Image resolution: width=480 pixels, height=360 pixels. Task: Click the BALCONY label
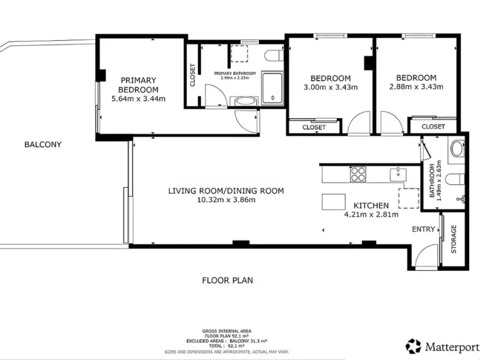tap(43, 145)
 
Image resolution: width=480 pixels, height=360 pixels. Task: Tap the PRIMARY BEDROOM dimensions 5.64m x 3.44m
tap(139, 99)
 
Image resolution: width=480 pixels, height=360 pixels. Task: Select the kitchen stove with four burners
tap(358, 174)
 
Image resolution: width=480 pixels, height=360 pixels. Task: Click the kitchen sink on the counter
tap(398, 175)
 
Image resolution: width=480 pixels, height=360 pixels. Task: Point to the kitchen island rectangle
tap(334, 202)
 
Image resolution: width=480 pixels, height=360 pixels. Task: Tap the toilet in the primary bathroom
tap(274, 56)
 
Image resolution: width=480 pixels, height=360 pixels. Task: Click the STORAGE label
tap(454, 239)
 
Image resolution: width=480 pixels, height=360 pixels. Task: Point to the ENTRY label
tap(424, 229)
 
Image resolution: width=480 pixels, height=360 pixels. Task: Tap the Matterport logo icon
tap(413, 346)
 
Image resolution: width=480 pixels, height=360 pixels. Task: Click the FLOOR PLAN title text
tap(227, 280)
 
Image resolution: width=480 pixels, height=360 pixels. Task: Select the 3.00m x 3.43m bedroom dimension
tap(331, 87)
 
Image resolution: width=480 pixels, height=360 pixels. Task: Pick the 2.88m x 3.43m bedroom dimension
tap(416, 86)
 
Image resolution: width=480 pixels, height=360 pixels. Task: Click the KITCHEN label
tap(371, 205)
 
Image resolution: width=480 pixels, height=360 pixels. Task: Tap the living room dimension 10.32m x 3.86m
tap(227, 200)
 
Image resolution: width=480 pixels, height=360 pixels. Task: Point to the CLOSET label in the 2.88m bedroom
tap(433, 127)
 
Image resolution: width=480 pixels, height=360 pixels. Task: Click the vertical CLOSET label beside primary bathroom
tap(193, 75)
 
